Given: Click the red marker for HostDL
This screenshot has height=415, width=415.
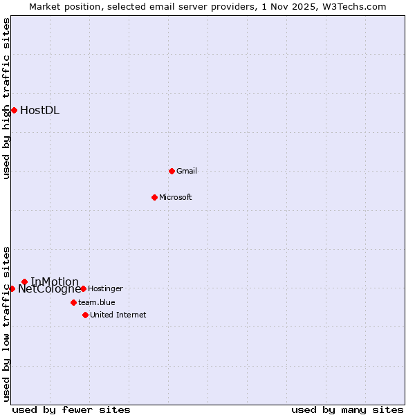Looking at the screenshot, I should pyautogui.click(x=14, y=110).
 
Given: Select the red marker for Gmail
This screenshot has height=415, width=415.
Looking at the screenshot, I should pyautogui.click(x=172, y=171).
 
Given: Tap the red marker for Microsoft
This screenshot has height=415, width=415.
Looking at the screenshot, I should pyautogui.click(x=154, y=197).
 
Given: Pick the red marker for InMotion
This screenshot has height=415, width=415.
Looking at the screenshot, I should pyautogui.click(x=24, y=282).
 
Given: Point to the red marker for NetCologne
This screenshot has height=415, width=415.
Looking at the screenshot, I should pyautogui.click(x=12, y=288).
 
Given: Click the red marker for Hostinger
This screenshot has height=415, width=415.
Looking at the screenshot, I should pyautogui.click(x=83, y=288).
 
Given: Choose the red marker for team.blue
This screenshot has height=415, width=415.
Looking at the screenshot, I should pyautogui.click(x=73, y=302).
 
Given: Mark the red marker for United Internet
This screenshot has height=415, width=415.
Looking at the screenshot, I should pyautogui.click(x=85, y=315).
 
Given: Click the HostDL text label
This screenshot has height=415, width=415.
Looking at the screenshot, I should pyautogui.click(x=39, y=111).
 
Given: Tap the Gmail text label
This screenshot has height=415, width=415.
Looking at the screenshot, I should pyautogui.click(x=187, y=171).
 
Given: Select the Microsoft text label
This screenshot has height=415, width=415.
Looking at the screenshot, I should pyautogui.click(x=176, y=197).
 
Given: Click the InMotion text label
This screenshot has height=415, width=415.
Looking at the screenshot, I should pyautogui.click(x=55, y=282).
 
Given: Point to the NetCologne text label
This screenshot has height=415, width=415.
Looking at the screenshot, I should pyautogui.click(x=49, y=289).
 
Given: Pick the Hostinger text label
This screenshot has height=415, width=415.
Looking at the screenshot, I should pyautogui.click(x=105, y=288).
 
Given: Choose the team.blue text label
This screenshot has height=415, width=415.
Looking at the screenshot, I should pyautogui.click(x=97, y=302).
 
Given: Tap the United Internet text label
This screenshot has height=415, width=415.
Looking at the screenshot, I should pyautogui.click(x=118, y=315).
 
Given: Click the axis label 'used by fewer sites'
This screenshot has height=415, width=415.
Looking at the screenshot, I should pyautogui.click(x=71, y=409).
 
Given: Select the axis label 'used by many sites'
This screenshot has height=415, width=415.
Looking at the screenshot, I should pyautogui.click(x=347, y=409).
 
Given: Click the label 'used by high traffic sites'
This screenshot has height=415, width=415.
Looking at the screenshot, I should pyautogui.click(x=6, y=98).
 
